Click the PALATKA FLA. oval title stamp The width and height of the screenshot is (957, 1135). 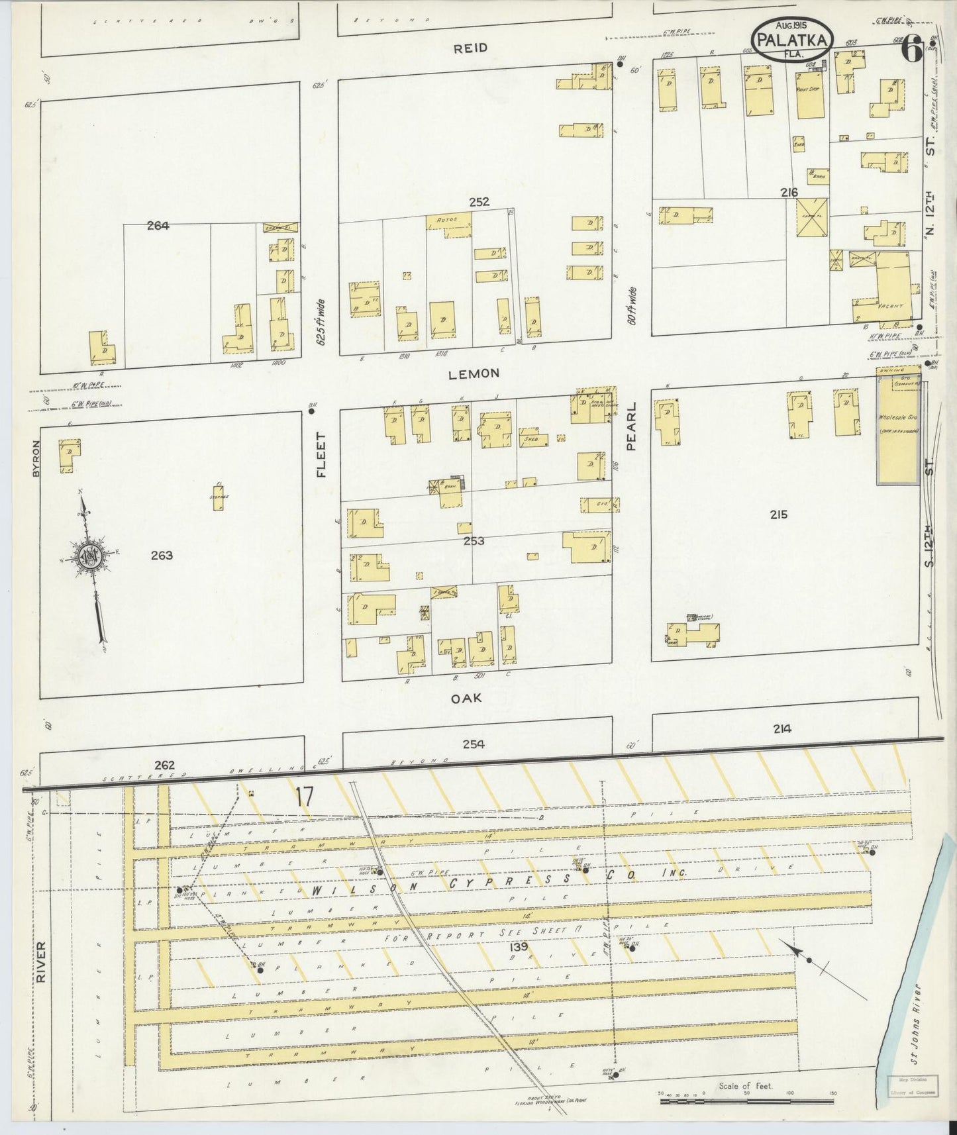(x=793, y=42)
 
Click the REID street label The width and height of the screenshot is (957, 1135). (x=471, y=48)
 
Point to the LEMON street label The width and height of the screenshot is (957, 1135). (x=474, y=374)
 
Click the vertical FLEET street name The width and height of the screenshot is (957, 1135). (x=323, y=455)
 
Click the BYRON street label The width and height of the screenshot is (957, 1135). (x=37, y=458)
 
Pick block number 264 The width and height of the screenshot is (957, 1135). (x=158, y=225)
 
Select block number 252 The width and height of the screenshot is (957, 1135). (x=479, y=202)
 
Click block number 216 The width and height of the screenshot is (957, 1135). (x=789, y=193)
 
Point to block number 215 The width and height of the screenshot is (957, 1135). (x=779, y=514)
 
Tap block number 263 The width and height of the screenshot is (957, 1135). (x=162, y=555)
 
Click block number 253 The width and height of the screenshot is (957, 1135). (x=474, y=541)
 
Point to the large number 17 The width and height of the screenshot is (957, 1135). (x=303, y=797)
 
